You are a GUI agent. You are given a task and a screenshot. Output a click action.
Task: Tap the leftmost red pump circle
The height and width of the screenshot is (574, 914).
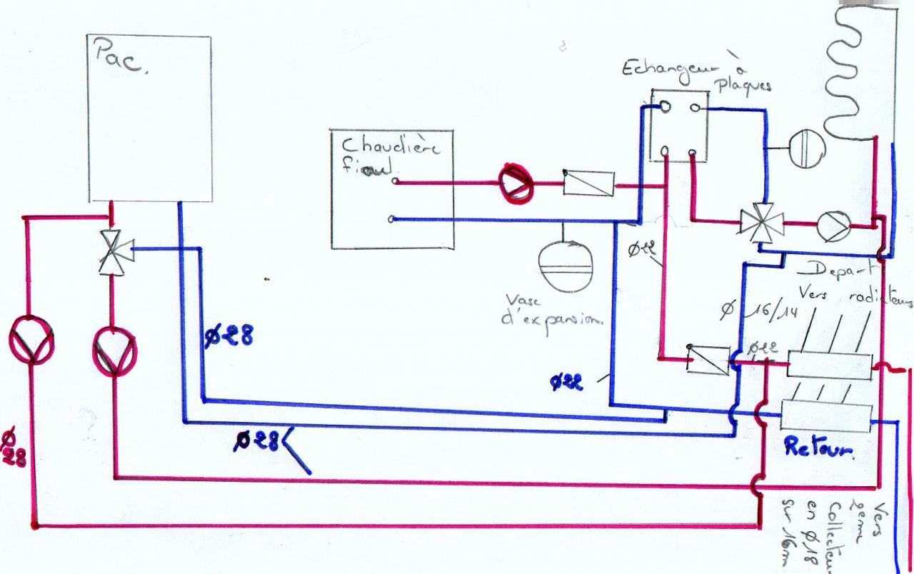coord(32,341)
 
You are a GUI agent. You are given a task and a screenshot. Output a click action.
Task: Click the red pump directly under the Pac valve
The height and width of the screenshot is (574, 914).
coord(114,350)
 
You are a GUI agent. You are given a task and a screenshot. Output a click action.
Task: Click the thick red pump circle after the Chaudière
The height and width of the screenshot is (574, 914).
coord(516,182)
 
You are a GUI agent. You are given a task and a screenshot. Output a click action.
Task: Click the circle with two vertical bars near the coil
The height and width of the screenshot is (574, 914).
coord(808,149)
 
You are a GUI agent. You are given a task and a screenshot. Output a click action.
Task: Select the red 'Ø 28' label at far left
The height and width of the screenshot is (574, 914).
coord(12,448)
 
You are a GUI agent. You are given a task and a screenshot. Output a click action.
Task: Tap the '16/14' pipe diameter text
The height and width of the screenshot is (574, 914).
coord(770,311)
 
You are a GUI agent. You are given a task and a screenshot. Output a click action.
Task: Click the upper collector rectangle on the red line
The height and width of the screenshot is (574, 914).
coord(829,366)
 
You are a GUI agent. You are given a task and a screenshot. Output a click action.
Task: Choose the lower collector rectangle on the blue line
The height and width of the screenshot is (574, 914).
coord(827,415)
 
